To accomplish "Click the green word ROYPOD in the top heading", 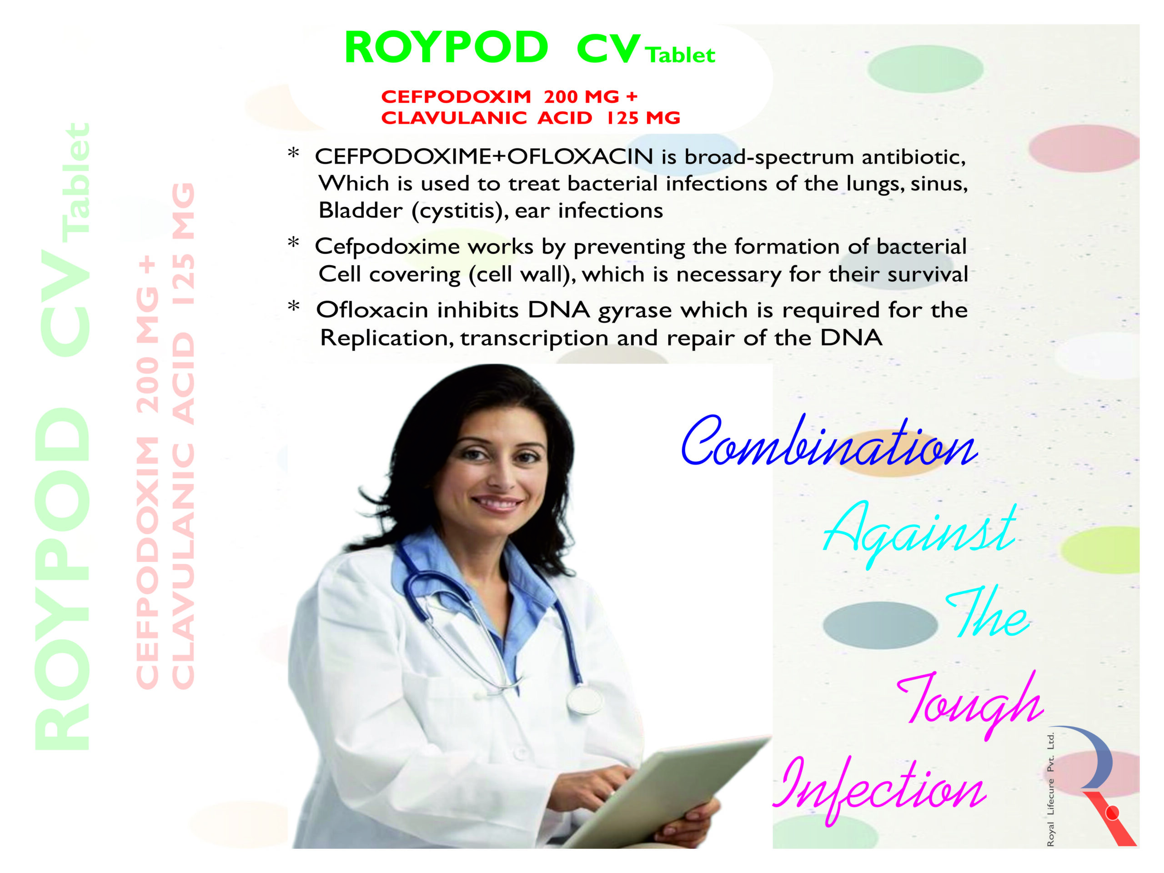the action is [446, 47].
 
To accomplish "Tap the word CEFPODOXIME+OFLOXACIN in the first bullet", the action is [484, 156].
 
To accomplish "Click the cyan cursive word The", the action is [987, 612].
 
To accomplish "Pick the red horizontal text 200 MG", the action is [582, 97].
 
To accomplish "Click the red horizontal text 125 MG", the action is [643, 118].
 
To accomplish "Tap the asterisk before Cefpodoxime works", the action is [294, 243].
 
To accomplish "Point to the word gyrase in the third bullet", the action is [635, 312].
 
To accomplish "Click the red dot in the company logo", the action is [1113, 813].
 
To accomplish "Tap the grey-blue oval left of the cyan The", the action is [880, 625].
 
